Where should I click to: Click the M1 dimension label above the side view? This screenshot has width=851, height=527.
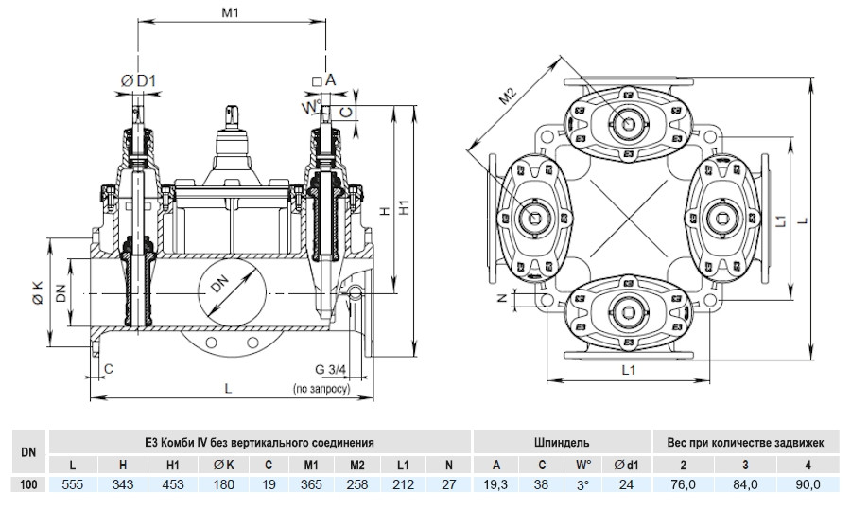pyautogui.click(x=230, y=12)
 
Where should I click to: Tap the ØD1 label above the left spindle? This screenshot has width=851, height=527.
pyautogui.click(x=138, y=81)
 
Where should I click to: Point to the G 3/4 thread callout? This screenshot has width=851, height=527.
pyautogui.click(x=331, y=370)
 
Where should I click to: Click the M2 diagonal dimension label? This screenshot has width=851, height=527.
pyautogui.click(x=508, y=97)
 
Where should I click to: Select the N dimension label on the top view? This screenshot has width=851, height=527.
pyautogui.click(x=503, y=298)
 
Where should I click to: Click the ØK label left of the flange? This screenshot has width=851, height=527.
pyautogui.click(x=38, y=292)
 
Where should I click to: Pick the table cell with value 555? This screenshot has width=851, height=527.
pyautogui.click(x=73, y=484)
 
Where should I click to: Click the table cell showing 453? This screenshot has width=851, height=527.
pyautogui.click(x=173, y=484)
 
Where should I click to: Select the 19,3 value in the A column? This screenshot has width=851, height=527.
pyautogui.click(x=495, y=484)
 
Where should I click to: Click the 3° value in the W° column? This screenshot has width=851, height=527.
pyautogui.click(x=582, y=484)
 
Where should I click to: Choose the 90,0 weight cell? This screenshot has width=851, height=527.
pyautogui.click(x=808, y=484)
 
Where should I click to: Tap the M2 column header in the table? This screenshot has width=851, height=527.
pyautogui.click(x=357, y=466)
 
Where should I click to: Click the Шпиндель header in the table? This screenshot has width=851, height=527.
pyautogui.click(x=562, y=442)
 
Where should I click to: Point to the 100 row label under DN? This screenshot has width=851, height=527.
pyautogui.click(x=28, y=484)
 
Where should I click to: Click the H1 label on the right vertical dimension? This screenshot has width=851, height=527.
pyautogui.click(x=404, y=207)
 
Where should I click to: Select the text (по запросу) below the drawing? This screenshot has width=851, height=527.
pyautogui.click(x=321, y=389)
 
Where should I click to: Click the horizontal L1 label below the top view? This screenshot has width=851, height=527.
pyautogui.click(x=629, y=370)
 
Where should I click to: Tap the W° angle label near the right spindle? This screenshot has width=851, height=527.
pyautogui.click(x=310, y=107)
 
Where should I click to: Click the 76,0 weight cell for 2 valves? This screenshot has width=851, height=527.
pyautogui.click(x=684, y=484)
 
